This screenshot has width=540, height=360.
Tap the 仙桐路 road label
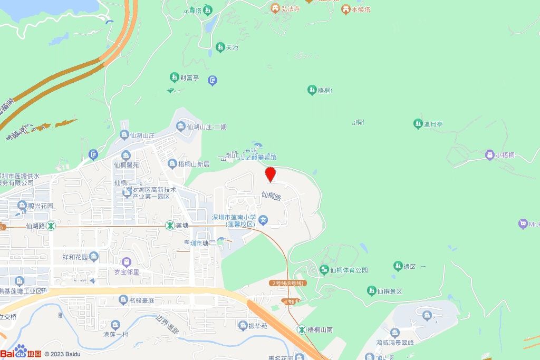point(271,195)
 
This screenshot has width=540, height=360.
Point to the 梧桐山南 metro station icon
point(302,329)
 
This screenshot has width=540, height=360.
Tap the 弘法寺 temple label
point(290,8)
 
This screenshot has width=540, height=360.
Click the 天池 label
point(232,47)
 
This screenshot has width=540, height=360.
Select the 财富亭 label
point(189,78)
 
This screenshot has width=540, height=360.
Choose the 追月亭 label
point(433,124)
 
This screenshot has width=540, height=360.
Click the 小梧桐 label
point(505,155)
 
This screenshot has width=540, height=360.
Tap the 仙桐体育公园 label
point(349,270)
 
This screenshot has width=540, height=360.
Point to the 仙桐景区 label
point(390,291)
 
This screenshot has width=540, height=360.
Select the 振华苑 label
point(257,326)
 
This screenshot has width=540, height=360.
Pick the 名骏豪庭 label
point(141,301)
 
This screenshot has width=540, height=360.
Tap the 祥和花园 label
point(74,257)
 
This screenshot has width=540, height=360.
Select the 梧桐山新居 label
point(194,164)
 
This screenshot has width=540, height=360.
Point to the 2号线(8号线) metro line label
point(287,284)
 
